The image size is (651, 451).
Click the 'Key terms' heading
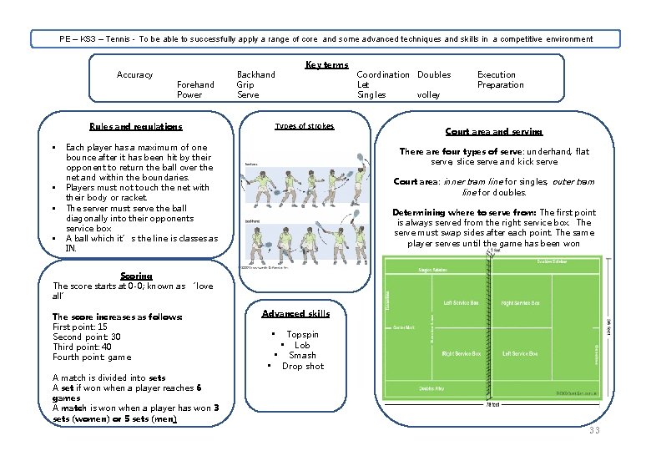click(326, 65)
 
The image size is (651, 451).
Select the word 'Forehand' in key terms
click(195, 84)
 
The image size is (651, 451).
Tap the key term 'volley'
click(428, 95)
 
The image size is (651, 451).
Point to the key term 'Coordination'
click(383, 75)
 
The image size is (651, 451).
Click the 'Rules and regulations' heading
click(135, 127)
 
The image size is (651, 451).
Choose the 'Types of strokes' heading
click(305, 126)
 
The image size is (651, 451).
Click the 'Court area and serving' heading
click(493, 132)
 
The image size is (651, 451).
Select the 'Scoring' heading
click(136, 276)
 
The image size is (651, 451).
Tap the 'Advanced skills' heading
click(295, 314)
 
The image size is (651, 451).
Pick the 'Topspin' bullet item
click(302, 334)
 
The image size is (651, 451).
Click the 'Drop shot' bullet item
click(302, 367)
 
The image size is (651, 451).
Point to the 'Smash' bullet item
click(302, 356)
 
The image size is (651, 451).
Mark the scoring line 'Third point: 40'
click(82, 347)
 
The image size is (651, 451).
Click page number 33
click(593, 430)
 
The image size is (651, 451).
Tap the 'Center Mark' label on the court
click(404, 328)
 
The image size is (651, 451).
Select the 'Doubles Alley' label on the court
click(432, 389)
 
